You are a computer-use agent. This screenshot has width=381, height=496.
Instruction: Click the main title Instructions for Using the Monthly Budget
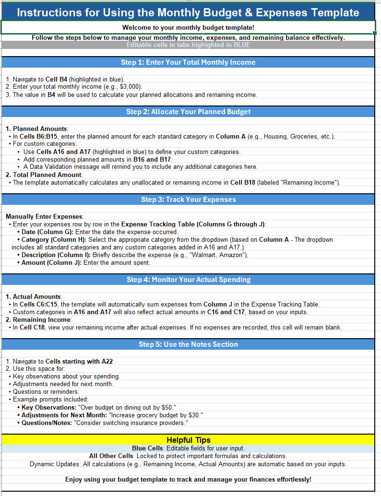[x=188, y=12]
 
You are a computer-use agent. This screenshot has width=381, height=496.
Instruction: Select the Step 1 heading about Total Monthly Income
[x=188, y=62]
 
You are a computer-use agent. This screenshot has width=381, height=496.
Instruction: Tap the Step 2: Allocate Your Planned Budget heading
[x=188, y=112]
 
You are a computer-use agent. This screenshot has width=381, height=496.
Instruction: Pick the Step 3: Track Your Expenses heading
[x=188, y=200]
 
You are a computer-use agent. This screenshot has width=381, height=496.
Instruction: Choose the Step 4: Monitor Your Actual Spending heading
[x=188, y=279]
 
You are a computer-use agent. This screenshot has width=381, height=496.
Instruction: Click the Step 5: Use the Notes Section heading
[x=188, y=344]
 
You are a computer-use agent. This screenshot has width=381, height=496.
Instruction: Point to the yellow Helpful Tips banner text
[x=188, y=440]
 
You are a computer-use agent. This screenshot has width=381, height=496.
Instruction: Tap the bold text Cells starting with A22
[x=79, y=361]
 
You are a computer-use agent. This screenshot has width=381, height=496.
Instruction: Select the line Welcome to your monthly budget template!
[x=188, y=28]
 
